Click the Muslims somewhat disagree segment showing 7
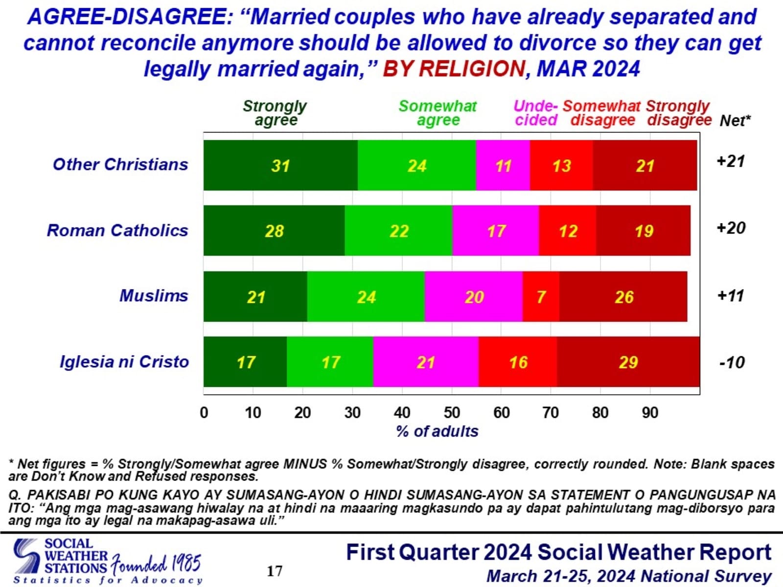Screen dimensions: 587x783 (541, 296)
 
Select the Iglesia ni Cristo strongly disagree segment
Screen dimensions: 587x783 (628, 362)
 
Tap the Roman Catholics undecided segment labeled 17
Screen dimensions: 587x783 (495, 231)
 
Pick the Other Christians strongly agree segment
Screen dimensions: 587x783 (280, 165)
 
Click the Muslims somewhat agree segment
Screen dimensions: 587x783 (366, 296)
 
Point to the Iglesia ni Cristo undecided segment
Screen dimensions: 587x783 (426, 362)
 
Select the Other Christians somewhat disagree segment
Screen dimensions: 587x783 (561, 165)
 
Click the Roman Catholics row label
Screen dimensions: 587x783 (117, 230)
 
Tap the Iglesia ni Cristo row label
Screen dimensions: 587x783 (124, 362)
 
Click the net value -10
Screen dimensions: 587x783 (732, 362)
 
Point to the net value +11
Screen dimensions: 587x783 (731, 296)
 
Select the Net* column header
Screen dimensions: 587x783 (735, 120)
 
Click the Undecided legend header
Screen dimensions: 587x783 (536, 113)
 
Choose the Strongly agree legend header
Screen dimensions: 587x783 (275, 113)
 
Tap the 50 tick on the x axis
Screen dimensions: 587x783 (452, 413)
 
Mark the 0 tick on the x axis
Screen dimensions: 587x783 (204, 413)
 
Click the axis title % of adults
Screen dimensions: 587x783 (437, 431)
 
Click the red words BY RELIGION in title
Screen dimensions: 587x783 (454, 69)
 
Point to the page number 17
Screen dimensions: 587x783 (275, 571)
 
